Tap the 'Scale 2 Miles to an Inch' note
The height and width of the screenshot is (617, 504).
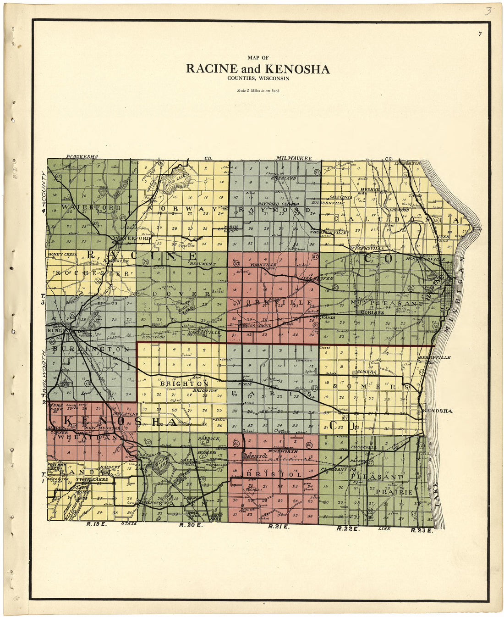(x=258, y=91)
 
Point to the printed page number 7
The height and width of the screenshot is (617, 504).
(x=480, y=34)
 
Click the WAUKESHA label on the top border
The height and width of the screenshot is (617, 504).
(x=82, y=157)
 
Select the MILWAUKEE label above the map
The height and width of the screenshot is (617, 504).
(x=294, y=159)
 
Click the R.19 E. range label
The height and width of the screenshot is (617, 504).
(x=96, y=524)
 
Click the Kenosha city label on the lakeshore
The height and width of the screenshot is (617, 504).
(x=439, y=411)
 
